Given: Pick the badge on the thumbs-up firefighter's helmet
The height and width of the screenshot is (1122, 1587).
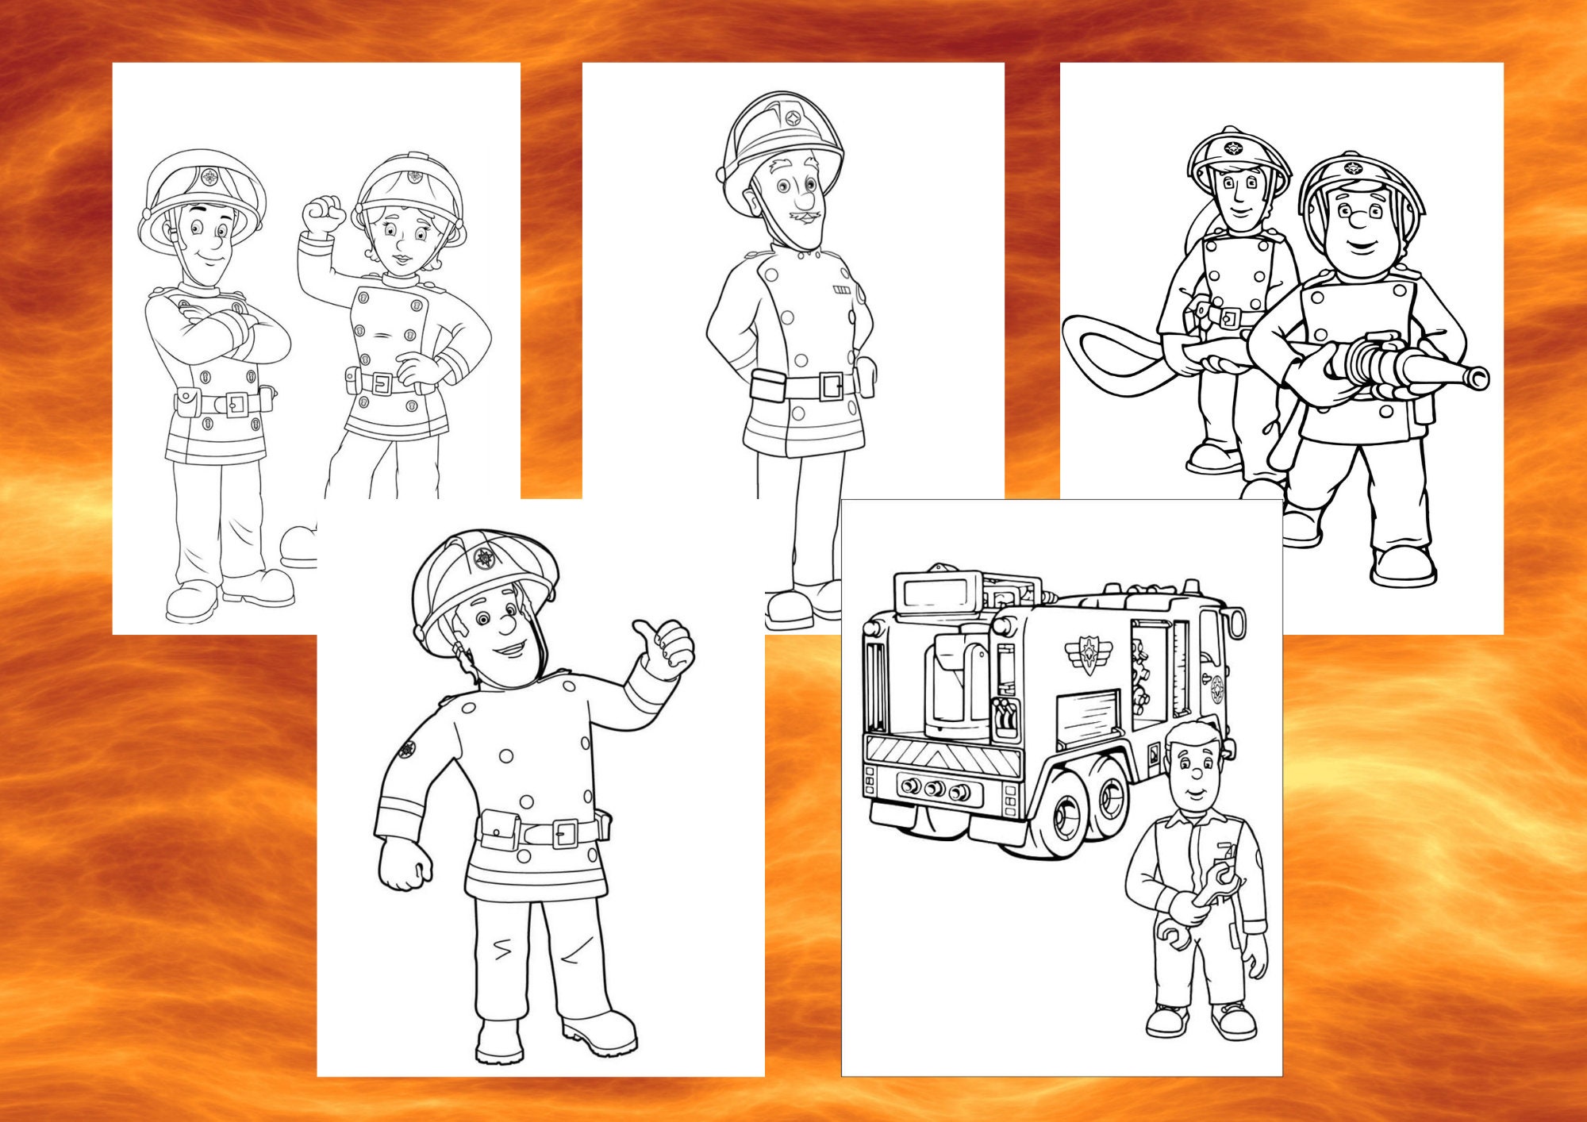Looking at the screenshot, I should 484,559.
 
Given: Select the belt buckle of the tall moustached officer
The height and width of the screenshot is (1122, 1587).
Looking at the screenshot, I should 832,386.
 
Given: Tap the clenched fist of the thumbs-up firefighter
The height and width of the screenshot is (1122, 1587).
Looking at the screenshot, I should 405,866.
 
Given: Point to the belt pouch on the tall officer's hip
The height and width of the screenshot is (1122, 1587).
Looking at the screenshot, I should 767,386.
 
